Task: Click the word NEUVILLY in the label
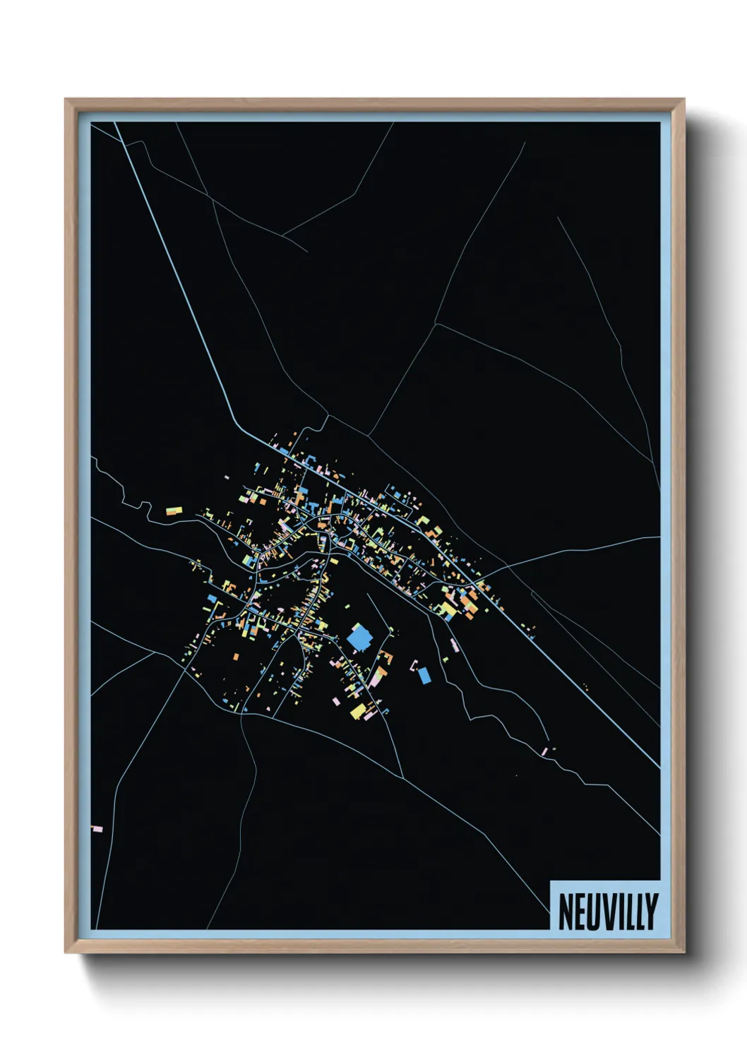(x=608, y=912)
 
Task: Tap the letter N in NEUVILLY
(x=565, y=912)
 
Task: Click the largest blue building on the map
(x=359, y=638)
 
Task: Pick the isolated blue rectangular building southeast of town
(x=424, y=676)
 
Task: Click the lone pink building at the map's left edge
(x=97, y=828)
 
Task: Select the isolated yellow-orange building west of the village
(x=174, y=509)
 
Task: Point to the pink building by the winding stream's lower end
(x=545, y=751)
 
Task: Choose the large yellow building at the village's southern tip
(x=358, y=710)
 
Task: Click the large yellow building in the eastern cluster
(x=448, y=608)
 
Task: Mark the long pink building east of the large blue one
(x=454, y=644)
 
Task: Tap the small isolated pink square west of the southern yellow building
(x=335, y=701)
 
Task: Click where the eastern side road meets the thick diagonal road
(x=508, y=566)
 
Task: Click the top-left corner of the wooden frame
(x=66, y=100)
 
